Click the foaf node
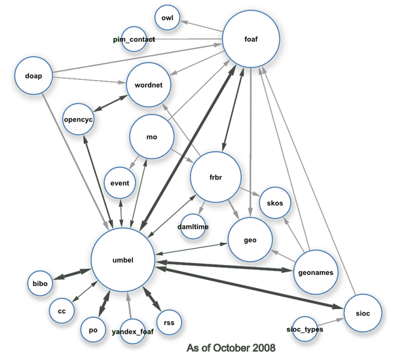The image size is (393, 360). click(x=251, y=39)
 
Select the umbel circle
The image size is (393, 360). click(x=122, y=260)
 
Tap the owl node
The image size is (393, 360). click(x=167, y=18)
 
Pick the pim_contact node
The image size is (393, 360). click(x=134, y=40)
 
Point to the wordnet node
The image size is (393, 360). click(x=149, y=85)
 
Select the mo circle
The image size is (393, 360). click(x=151, y=137)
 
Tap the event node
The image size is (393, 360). click(x=120, y=183)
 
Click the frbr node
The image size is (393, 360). click(x=215, y=177)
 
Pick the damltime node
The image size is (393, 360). click(x=193, y=226)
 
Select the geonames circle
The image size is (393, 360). click(x=316, y=272)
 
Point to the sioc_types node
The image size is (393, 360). click(x=305, y=329)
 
